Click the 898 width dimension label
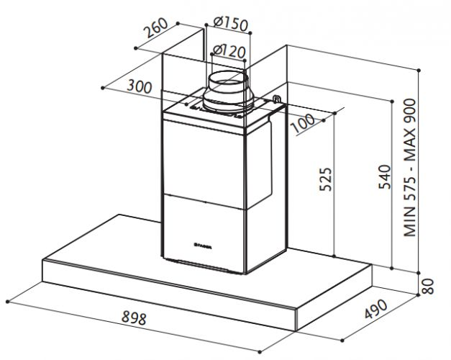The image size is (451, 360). click(134, 318)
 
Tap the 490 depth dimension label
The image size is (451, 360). click(375, 309)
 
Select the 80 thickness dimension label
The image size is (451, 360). click(428, 286)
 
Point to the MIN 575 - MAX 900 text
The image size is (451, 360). click(410, 168)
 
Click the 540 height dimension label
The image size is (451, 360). click(385, 176)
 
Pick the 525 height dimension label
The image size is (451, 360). click(326, 179)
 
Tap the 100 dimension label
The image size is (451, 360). click(302, 123)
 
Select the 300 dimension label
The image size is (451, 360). click(140, 86)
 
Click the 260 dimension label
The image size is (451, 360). click(156, 27)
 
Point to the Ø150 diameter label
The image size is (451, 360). click(231, 24)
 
